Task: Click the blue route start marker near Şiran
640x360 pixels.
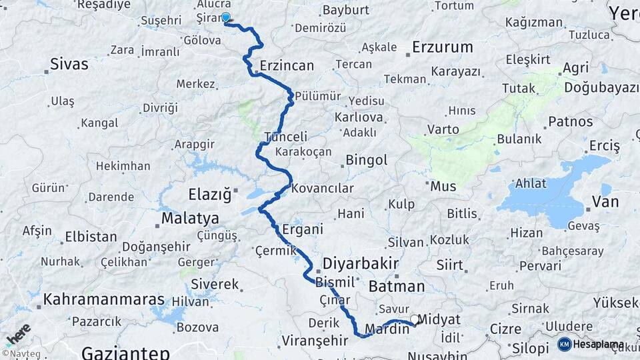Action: click(x=225, y=17)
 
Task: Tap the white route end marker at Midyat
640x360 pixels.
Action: click(x=415, y=320)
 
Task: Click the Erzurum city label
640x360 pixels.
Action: click(x=442, y=47)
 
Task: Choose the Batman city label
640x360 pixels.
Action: click(x=396, y=287)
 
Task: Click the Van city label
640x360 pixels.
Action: click(x=605, y=202)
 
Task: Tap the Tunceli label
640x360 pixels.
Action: click(x=286, y=137)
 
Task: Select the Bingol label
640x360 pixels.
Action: click(x=366, y=160)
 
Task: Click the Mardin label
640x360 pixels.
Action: click(x=387, y=329)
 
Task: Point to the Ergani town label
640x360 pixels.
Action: click(x=302, y=229)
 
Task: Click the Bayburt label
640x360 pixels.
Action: click(x=345, y=10)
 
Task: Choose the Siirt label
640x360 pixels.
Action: click(x=449, y=265)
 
